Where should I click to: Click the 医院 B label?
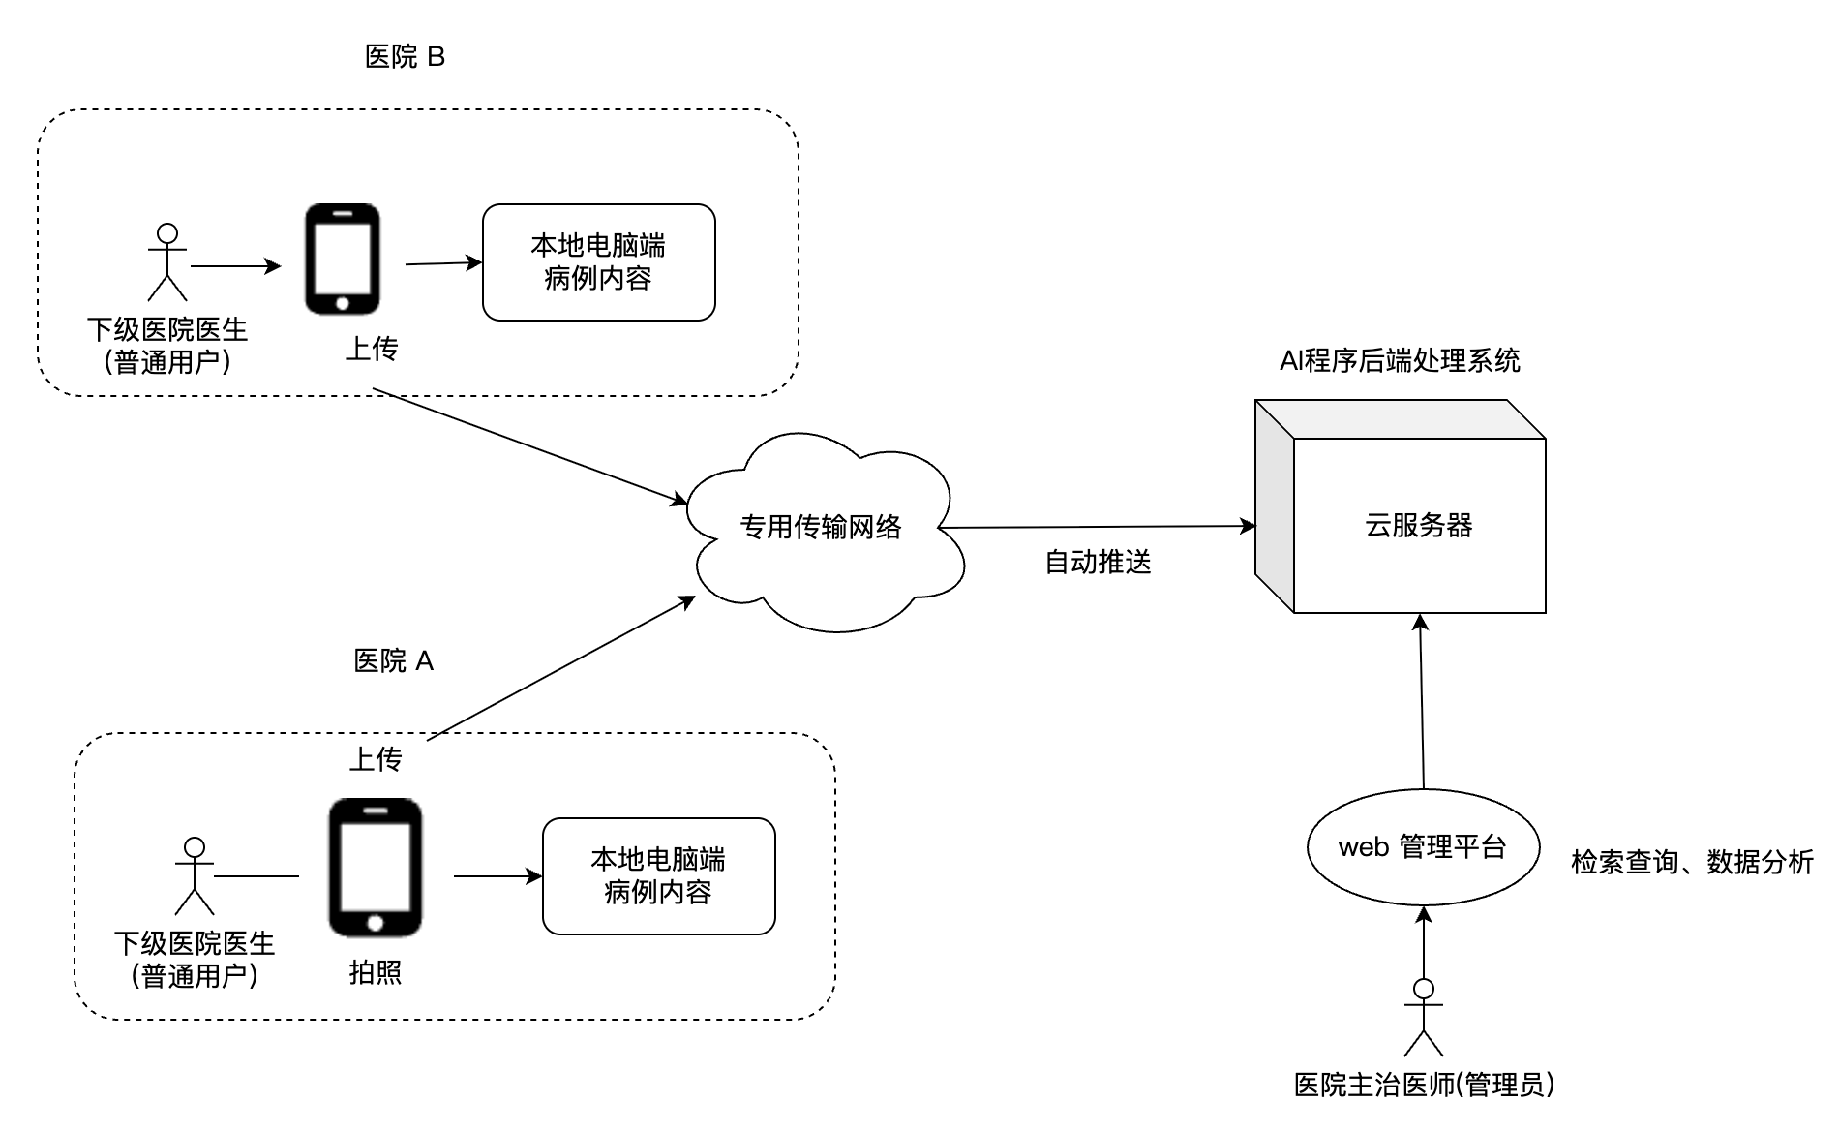pyautogui.click(x=405, y=57)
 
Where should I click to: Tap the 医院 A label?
pyautogui.click(x=393, y=661)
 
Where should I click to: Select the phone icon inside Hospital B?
pyautogui.click(x=343, y=260)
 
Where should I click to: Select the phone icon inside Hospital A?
pyautogui.click(x=375, y=868)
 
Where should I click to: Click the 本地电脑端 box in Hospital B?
pyautogui.click(x=598, y=262)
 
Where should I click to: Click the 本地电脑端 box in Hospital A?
pyautogui.click(x=658, y=876)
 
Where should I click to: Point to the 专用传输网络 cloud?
pyautogui.click(x=821, y=527)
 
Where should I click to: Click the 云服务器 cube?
pyautogui.click(x=1418, y=525)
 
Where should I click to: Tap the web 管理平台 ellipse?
pyautogui.click(x=1422, y=847)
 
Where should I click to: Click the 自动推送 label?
pyautogui.click(x=1098, y=563)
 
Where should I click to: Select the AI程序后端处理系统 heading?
pyautogui.click(x=1400, y=361)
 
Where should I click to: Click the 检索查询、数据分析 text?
pyautogui.click(x=1691, y=862)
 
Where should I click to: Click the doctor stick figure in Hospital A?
pyautogui.click(x=195, y=875)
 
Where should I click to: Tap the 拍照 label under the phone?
pyautogui.click(x=375, y=973)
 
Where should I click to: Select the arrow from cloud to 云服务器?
pyautogui.click(x=1094, y=527)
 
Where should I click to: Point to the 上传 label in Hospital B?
pyautogui.click(x=372, y=349)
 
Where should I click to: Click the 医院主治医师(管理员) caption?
pyautogui.click(x=1424, y=1085)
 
